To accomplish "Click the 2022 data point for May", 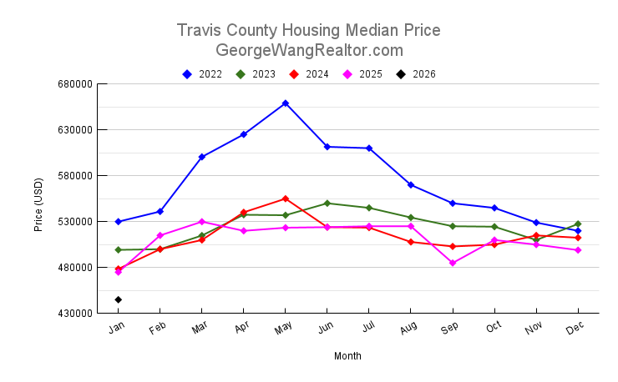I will [286, 103].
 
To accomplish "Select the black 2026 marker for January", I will [119, 299].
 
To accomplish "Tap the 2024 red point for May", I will [286, 199].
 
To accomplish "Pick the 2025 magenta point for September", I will [453, 263].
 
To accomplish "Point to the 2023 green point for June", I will [327, 203].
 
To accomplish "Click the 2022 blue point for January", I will [119, 222].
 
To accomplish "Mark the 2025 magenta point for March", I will [202, 221].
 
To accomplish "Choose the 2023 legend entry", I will [256, 74].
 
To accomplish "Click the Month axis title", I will [347, 356].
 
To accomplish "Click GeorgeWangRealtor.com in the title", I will [309, 50].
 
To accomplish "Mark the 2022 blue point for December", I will [578, 230].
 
